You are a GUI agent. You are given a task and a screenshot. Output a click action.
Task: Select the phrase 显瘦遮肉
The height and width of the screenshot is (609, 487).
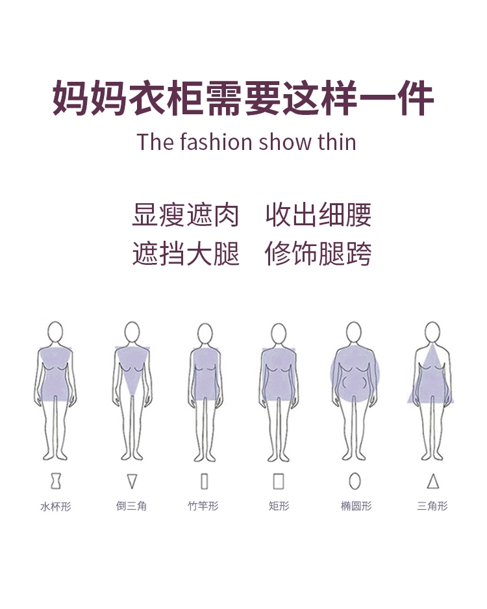point(186,216)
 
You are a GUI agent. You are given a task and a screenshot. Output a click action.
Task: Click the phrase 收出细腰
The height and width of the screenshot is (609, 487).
point(318,216)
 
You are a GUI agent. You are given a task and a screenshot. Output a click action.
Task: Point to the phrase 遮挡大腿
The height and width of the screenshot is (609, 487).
point(186,253)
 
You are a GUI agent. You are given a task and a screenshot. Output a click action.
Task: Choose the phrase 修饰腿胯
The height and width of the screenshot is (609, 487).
point(318,253)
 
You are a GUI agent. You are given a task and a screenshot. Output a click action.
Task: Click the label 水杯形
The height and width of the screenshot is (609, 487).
point(56,506)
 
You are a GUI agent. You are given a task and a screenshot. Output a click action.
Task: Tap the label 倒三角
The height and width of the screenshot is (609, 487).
point(132,506)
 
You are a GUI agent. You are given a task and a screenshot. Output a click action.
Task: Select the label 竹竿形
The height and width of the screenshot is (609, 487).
point(204,506)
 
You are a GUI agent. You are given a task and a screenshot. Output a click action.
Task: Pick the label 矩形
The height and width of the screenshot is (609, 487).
point(279,506)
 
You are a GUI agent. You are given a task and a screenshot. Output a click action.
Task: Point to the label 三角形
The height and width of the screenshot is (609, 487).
point(432,506)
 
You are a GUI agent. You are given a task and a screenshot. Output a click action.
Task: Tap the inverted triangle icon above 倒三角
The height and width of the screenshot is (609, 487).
point(132,481)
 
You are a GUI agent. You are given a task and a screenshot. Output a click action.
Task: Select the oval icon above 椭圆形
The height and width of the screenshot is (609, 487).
point(355,481)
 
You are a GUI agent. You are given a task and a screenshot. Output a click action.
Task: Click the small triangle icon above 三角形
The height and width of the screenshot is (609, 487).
point(433,481)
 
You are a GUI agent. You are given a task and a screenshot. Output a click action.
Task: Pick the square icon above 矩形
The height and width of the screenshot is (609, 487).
point(279,481)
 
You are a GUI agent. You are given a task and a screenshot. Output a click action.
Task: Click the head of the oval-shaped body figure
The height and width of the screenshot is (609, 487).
point(354,332)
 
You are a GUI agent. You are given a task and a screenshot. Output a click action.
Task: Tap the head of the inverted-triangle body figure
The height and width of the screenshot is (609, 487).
point(132,332)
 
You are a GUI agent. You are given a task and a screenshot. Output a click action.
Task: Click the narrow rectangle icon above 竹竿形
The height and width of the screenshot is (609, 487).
point(205,481)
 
